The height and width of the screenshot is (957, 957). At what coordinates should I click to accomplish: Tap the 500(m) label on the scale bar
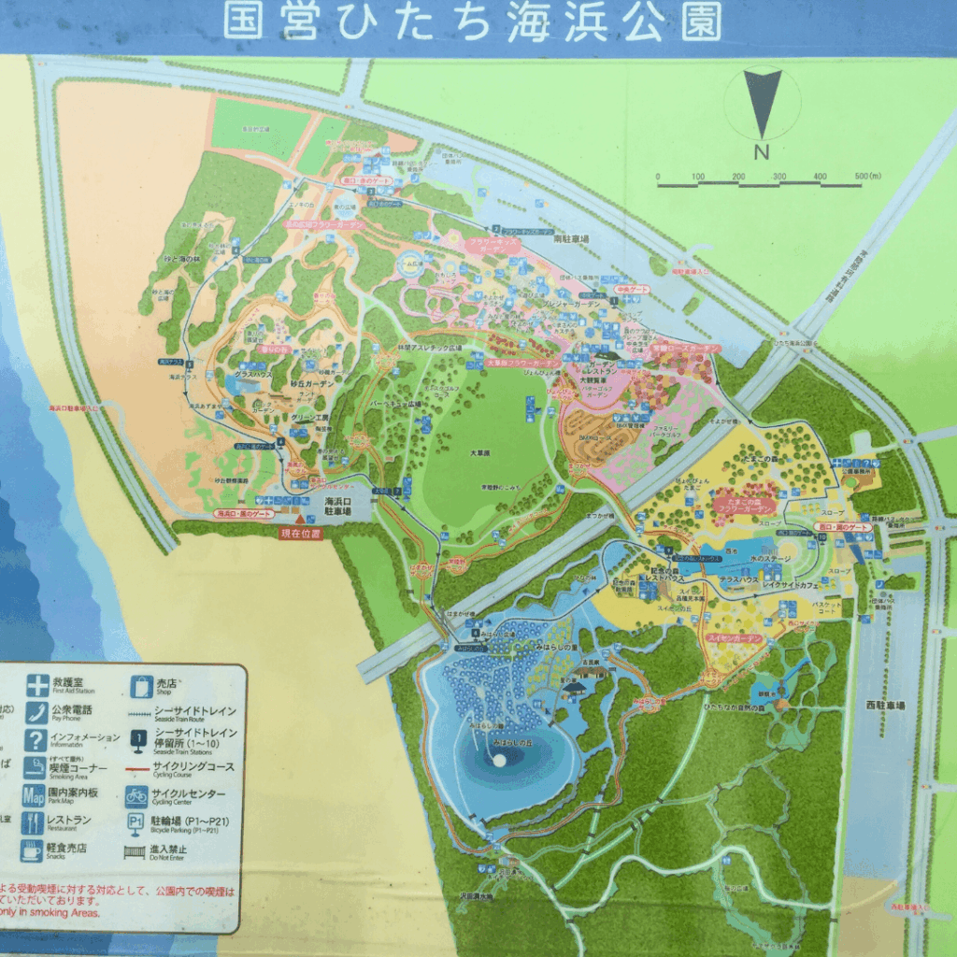pos(867,176)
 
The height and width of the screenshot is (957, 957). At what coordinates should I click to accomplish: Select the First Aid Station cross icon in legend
pos(36,685)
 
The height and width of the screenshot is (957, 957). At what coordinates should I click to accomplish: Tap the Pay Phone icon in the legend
pos(36,712)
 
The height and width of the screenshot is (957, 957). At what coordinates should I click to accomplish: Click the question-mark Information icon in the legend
pos(36,740)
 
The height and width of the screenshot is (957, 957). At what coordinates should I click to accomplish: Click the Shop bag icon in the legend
pos(141,685)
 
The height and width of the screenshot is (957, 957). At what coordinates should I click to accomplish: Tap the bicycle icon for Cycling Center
pos(137,796)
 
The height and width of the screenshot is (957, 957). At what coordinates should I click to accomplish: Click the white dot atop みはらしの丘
pos(499,761)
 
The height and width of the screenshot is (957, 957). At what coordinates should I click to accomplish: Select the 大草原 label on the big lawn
pos(479,452)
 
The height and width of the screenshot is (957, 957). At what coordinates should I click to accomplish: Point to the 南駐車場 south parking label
pos(571,239)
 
